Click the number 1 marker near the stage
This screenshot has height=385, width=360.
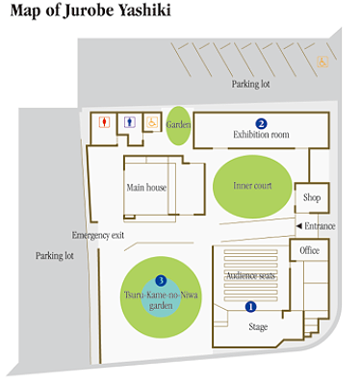coord(250,307)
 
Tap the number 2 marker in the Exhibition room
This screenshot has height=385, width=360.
coord(261,124)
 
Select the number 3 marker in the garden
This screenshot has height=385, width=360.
coord(161,281)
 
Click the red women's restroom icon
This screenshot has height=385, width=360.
coord(105,122)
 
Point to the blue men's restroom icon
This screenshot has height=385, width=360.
coord(130,122)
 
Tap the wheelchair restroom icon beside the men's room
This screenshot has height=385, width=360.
coord(152,122)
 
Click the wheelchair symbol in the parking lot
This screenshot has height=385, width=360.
coord(322,62)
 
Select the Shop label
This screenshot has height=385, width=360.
coord(312,197)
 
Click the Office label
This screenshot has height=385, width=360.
coord(310,250)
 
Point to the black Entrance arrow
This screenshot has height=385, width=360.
coord(298,226)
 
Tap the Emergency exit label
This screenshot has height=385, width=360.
coord(98,235)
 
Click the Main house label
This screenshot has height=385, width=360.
coord(146,188)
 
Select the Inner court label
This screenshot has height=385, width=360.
coord(252,186)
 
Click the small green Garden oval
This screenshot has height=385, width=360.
coord(178,125)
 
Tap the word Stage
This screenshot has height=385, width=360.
coord(258,327)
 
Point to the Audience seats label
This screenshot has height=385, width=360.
coord(251,275)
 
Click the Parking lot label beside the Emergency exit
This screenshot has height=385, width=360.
coord(55,256)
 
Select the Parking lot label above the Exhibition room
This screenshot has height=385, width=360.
coord(251,84)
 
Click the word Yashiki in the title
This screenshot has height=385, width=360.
coord(144,11)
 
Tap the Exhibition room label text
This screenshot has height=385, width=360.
coord(261,135)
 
